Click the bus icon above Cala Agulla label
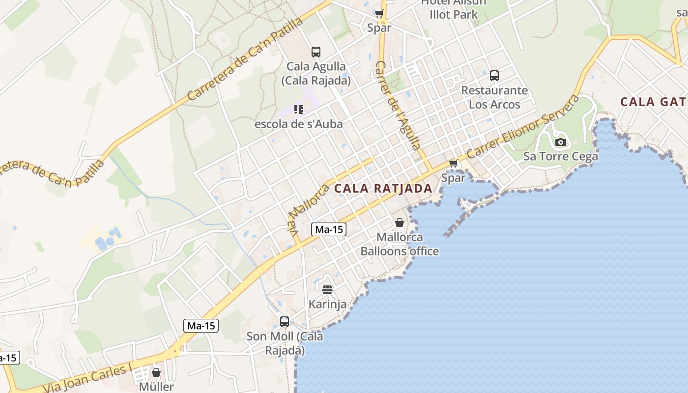pos(316,52)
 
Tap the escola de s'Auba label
pos(298,124)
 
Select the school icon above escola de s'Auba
pos(298,109)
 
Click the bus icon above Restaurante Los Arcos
pos(494,76)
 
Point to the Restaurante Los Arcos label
pos(494,97)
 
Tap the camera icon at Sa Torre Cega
pos(560,142)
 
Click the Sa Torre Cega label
pos(560,156)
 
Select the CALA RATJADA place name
pos(383,188)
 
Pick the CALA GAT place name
pos(653,102)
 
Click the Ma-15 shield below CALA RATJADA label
pos(329,229)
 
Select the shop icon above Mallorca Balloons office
pos(400,223)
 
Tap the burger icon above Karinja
pos(327,289)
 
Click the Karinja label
pos(327,304)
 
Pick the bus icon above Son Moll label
pos(284,322)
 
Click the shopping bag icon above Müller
pos(156,372)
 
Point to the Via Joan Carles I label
pos(88,378)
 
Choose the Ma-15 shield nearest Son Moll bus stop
pos(201,325)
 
